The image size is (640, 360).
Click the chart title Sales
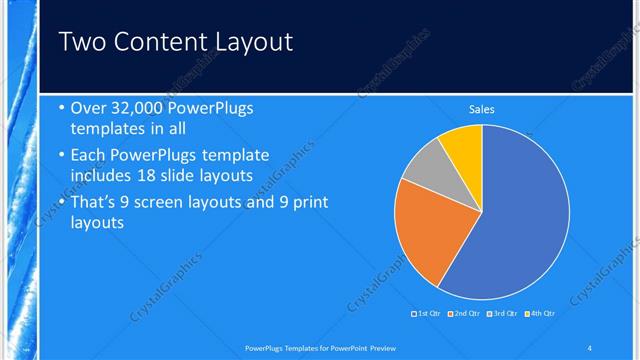[482, 110]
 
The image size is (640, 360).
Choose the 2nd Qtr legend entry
[465, 314]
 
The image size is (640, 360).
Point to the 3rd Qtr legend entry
[503, 314]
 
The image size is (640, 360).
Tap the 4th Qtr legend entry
[541, 314]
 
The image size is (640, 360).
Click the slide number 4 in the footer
[590, 348]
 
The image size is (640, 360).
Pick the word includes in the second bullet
[102, 176]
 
